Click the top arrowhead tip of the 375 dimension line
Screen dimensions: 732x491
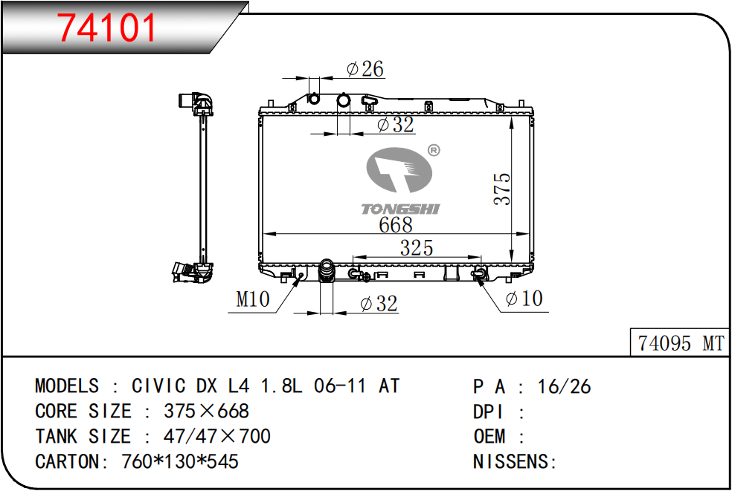[512, 117]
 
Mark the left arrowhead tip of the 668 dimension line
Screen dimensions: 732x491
[263, 233]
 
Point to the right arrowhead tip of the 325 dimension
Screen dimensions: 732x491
[481, 257]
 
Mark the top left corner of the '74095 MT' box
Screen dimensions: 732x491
[631, 329]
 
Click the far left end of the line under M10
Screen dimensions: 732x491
[228, 312]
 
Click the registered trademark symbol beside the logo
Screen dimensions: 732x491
[434, 150]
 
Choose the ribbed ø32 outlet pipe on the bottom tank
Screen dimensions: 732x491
[327, 270]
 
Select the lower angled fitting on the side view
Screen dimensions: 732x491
[193, 273]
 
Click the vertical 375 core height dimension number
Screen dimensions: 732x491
[502, 189]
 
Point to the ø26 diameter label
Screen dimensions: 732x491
[365, 68]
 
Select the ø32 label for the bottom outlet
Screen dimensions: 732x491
[379, 304]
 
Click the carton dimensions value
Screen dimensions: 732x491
[180, 461]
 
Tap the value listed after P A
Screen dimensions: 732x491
[564, 386]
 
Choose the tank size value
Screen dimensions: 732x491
[217, 436]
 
